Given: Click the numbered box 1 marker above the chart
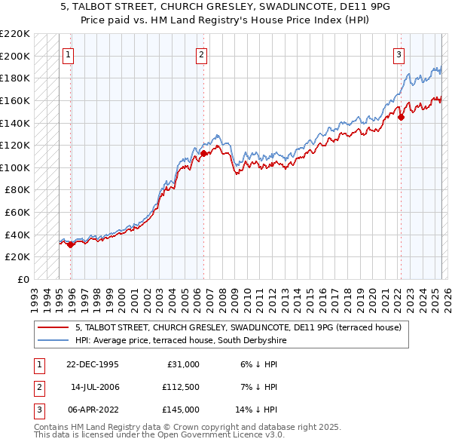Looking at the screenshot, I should point(69,54).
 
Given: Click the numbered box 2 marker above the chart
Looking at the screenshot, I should point(202,54).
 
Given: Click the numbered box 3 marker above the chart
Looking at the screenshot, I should point(399,54).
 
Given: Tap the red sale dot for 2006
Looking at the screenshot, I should point(203,153).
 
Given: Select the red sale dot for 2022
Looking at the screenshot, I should point(401,117).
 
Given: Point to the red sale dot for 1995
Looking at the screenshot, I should point(70,244).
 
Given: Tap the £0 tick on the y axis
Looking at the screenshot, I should point(23,279).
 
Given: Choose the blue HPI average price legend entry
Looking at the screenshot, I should point(181,341).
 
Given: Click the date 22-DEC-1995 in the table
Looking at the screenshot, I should point(93,364).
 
